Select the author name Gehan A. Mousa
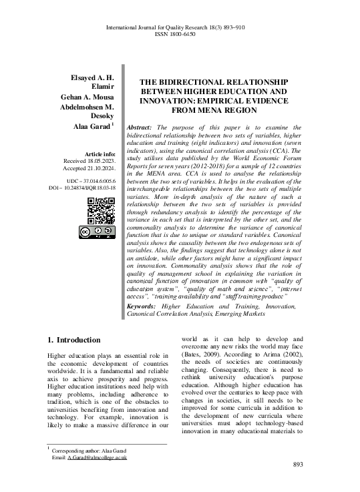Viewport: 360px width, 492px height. point(87,97)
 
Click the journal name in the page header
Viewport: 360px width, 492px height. point(167,27)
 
